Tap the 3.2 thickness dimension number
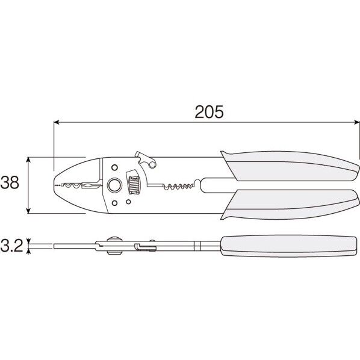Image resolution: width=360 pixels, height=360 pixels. [12, 246]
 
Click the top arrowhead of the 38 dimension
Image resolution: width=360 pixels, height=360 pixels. [28, 161]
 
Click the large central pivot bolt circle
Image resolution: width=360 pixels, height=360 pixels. [113, 185]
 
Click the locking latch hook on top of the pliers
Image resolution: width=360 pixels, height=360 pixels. [145, 159]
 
